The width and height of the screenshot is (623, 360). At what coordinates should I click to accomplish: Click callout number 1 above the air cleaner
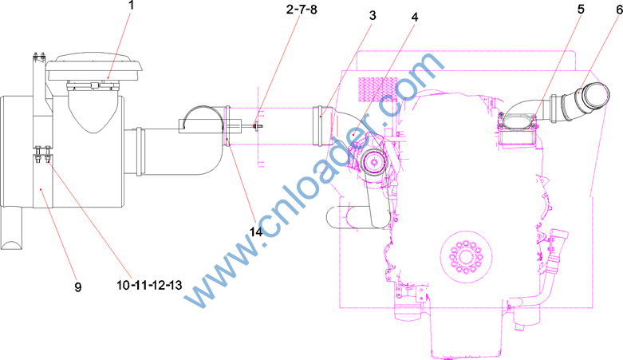click(x=132, y=5)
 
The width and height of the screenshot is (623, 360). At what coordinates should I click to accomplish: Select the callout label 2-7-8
click(x=302, y=9)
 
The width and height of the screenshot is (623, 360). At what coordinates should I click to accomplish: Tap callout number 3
click(x=373, y=15)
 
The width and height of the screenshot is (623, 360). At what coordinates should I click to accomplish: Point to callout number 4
click(x=415, y=17)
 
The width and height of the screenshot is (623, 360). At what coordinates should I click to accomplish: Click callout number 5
click(x=581, y=9)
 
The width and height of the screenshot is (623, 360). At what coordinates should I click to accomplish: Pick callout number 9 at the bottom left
click(x=78, y=287)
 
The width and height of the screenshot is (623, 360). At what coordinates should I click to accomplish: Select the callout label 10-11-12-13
click(x=149, y=285)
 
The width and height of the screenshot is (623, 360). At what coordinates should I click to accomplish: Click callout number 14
click(x=256, y=231)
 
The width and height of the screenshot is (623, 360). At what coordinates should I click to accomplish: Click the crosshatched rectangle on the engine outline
click(x=378, y=89)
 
